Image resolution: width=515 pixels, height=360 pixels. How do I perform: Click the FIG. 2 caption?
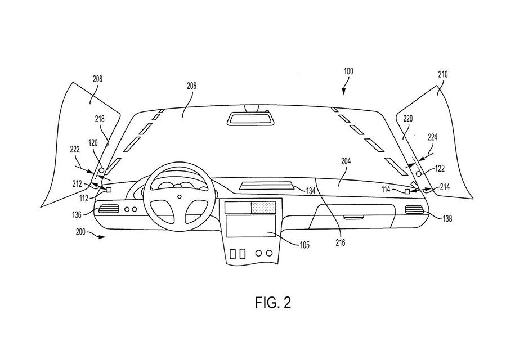(273, 302)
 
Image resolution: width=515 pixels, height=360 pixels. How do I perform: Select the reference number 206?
(192, 86)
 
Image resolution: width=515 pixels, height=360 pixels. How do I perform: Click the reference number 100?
(348, 71)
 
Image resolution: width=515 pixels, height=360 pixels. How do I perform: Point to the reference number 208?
(97, 79)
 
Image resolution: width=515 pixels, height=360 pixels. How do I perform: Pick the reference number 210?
(443, 74)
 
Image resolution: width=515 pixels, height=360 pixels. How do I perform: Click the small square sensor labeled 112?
(109, 190)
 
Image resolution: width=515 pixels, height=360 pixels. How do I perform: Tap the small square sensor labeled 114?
(407, 192)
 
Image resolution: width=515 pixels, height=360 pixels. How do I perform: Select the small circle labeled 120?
(101, 170)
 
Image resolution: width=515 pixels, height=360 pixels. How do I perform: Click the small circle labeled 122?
(419, 174)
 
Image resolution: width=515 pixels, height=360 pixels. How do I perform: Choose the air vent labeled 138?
(414, 209)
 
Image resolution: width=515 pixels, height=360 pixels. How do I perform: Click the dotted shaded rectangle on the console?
(263, 208)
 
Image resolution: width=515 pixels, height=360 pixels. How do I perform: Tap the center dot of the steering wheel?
(180, 197)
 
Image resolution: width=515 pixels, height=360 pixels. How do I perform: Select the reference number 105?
(304, 245)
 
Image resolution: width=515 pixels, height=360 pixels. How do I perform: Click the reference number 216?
(341, 242)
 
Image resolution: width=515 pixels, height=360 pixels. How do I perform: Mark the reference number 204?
(346, 161)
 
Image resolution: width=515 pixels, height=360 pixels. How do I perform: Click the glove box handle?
(353, 217)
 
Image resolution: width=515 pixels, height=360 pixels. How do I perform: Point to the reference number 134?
(311, 191)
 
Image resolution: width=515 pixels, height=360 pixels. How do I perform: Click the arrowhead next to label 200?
(103, 237)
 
